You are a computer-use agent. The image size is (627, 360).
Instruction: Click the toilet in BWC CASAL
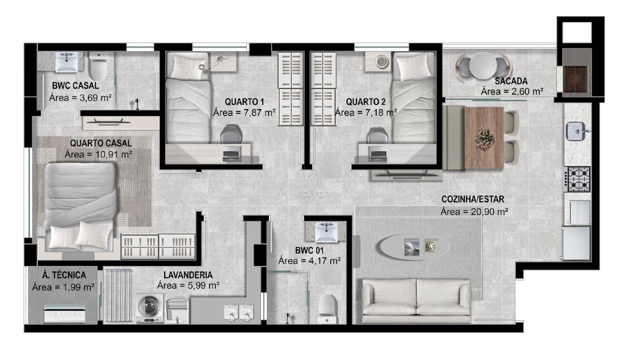pos(98,66)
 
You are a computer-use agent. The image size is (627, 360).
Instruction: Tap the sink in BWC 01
pos(326,232)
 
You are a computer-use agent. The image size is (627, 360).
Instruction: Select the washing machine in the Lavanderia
pos(149,308)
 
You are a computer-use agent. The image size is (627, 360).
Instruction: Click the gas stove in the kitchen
pos(578,179)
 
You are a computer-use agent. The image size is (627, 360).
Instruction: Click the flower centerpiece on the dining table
pos(484,138)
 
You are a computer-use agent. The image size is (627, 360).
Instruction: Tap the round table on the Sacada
pos(483,66)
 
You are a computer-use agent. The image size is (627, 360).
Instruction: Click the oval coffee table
pos(414,247)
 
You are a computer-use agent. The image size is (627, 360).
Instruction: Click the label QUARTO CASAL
pos(101,143)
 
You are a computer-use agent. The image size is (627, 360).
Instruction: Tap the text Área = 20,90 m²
pos(474,212)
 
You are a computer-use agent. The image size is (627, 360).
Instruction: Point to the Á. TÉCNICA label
pos(64,275)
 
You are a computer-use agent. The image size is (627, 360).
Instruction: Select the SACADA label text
pos(511,81)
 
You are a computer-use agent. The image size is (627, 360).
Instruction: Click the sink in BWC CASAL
pos(66,62)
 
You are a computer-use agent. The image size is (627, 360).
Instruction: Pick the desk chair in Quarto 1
pos(231,134)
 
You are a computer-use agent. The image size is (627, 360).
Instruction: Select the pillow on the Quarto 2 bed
pos(414,67)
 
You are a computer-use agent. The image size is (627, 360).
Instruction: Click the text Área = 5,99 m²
pos(188,285)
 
